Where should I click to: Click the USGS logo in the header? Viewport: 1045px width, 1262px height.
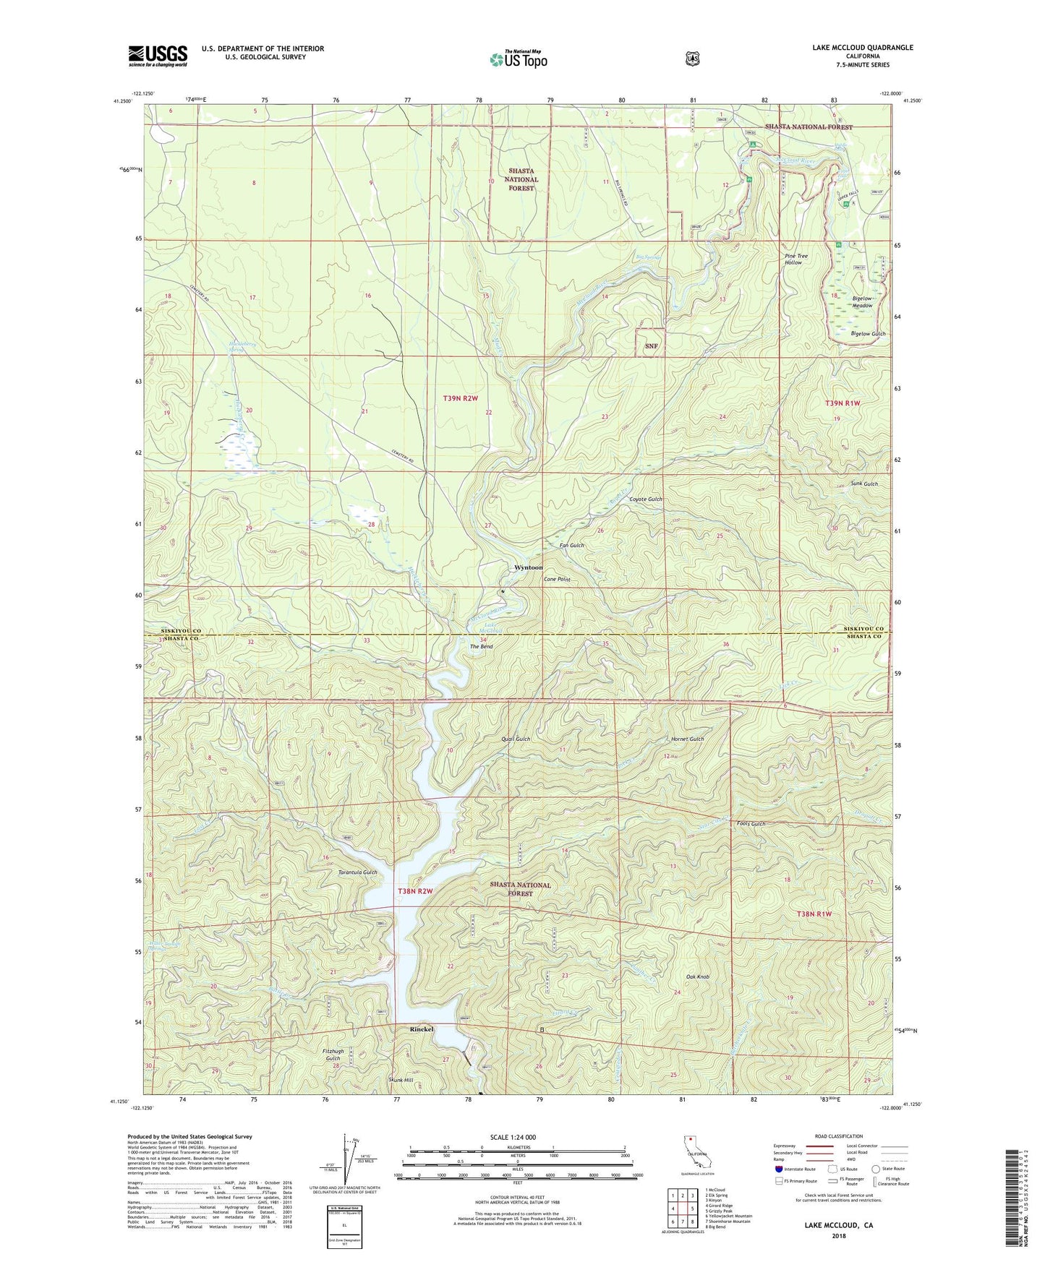(x=158, y=55)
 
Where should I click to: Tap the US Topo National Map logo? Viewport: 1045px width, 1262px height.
(x=517, y=59)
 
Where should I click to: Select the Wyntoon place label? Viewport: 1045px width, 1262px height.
(x=528, y=567)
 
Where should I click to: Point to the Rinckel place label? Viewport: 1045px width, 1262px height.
(x=422, y=1029)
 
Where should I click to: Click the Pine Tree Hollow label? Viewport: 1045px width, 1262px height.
(x=796, y=259)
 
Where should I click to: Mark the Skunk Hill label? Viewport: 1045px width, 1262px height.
(x=401, y=1080)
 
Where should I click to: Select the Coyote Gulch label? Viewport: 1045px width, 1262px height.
(x=645, y=499)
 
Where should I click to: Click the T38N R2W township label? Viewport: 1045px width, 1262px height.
(x=415, y=891)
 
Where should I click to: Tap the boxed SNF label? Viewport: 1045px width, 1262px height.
(x=651, y=346)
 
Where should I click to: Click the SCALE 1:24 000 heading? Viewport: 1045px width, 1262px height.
(x=513, y=1137)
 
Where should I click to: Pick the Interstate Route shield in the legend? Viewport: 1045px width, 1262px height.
(x=778, y=1169)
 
